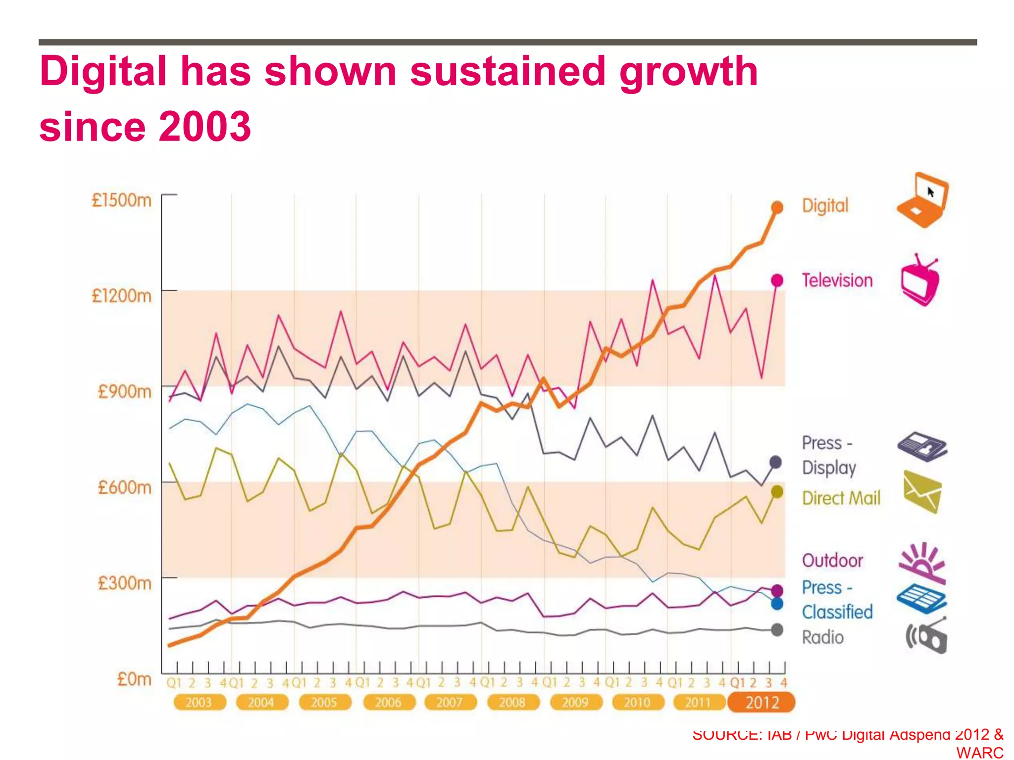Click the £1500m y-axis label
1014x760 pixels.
click(x=121, y=200)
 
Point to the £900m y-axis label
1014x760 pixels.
click(x=124, y=391)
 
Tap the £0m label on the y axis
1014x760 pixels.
click(x=134, y=679)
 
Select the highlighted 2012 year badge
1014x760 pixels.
click(x=761, y=702)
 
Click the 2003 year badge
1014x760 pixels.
click(x=199, y=702)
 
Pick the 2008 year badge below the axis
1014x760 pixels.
click(x=512, y=702)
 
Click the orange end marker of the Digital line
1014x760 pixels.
click(x=777, y=207)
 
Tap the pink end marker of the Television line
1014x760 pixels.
click(x=777, y=281)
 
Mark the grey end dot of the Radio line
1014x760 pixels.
click(x=777, y=630)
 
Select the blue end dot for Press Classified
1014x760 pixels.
click(x=777, y=604)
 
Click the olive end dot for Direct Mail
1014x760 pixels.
click(x=777, y=492)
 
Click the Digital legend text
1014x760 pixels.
click(x=825, y=205)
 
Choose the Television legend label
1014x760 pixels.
click(x=837, y=281)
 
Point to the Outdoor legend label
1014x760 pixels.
click(x=832, y=561)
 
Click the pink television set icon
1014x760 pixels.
click(x=920, y=281)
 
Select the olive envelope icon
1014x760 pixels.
click(x=922, y=492)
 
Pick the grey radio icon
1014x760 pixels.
click(x=926, y=636)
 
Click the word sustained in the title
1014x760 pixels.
click(x=507, y=71)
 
